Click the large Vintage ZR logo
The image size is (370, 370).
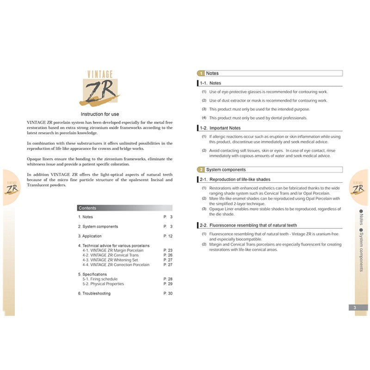point(100,88)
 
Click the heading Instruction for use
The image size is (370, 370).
point(100,114)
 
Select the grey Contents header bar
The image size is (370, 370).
point(125,208)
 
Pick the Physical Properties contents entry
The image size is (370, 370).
point(103,284)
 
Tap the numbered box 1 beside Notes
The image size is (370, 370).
point(201,74)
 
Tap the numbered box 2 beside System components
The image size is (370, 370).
point(201,170)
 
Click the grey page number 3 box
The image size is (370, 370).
point(358,308)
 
